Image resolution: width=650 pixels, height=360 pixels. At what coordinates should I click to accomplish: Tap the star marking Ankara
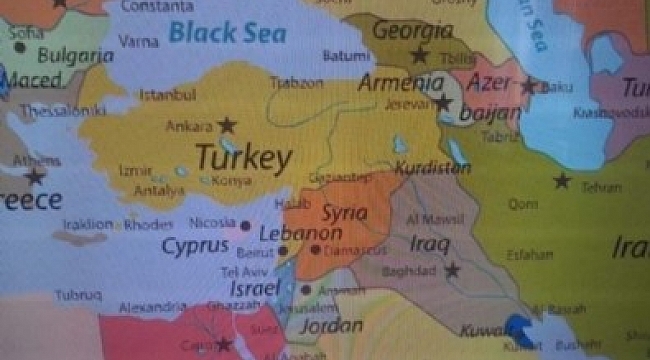click(228, 125)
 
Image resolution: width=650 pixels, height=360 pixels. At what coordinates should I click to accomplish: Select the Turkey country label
click(244, 157)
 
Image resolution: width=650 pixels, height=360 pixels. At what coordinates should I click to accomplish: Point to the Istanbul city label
click(167, 98)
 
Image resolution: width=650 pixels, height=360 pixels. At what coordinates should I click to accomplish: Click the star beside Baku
click(528, 86)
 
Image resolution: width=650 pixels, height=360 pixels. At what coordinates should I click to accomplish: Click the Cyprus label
click(196, 245)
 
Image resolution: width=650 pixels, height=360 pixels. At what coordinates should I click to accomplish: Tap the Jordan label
click(330, 325)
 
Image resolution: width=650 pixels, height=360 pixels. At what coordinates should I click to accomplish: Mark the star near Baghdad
click(452, 269)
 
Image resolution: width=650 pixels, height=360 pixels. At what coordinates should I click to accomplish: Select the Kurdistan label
click(432, 168)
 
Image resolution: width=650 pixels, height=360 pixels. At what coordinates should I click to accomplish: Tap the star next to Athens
click(35, 177)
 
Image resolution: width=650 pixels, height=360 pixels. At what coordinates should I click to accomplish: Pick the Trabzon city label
click(298, 84)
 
